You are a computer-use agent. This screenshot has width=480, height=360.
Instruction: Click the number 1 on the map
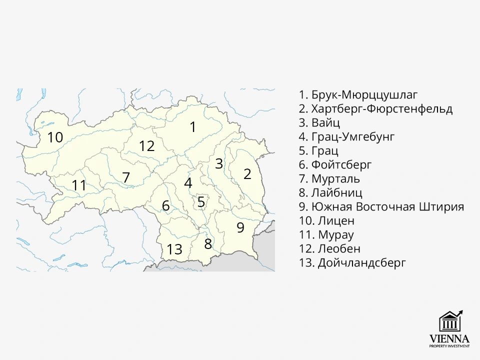[x=193, y=127]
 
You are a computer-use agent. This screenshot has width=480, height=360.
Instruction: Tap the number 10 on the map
[x=55, y=137]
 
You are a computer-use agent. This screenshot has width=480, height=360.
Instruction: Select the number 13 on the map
[x=174, y=249]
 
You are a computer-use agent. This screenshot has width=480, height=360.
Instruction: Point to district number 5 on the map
[x=201, y=202]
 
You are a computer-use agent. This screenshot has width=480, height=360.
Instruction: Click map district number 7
[x=126, y=177]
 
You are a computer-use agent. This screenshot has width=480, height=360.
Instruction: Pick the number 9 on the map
[x=240, y=227]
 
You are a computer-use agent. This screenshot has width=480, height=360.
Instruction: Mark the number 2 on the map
[x=247, y=174]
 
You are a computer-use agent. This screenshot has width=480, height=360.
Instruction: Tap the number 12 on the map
[x=147, y=146]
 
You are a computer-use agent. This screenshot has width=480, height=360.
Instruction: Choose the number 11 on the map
[x=79, y=185]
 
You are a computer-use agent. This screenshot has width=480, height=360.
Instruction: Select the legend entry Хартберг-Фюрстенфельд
[x=375, y=108]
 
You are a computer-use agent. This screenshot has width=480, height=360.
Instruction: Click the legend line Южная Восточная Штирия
[x=381, y=206]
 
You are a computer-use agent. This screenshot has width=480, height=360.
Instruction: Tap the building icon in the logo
[x=448, y=322]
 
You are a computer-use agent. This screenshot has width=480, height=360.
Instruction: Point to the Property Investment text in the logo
[x=449, y=346]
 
